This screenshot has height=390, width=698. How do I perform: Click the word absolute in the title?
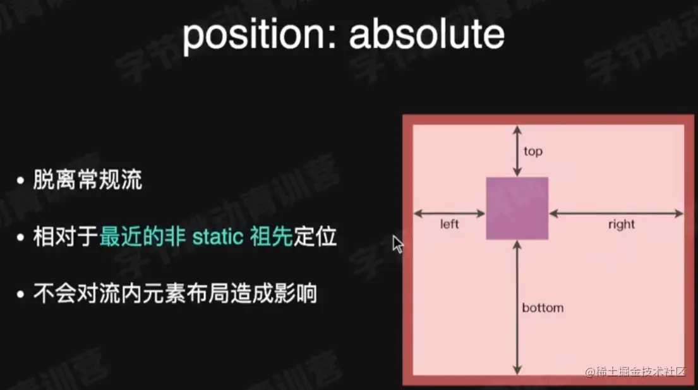(427, 34)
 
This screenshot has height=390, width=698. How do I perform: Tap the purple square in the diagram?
(517, 209)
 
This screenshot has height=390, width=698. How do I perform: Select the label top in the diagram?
(533, 151)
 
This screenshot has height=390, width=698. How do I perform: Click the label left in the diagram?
(449, 224)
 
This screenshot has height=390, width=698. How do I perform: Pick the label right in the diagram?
(622, 224)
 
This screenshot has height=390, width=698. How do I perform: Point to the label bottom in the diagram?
(543, 308)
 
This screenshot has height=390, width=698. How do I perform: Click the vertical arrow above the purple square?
(517, 151)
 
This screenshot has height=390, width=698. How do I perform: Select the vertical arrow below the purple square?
(517, 307)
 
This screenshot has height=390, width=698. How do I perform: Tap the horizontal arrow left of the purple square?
(449, 214)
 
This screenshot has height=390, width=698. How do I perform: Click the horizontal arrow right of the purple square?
(616, 214)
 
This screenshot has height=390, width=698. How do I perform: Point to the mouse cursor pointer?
(398, 245)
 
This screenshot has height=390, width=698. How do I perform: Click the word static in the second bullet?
(218, 237)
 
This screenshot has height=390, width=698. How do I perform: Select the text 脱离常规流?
(88, 180)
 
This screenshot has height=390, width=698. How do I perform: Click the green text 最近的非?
(143, 236)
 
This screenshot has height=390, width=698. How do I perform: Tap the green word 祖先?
(271, 236)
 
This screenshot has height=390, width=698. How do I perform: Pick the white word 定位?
(315, 236)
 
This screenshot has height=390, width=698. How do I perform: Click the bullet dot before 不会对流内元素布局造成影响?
(20, 295)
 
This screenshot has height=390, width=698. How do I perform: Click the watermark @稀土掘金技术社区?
(635, 372)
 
